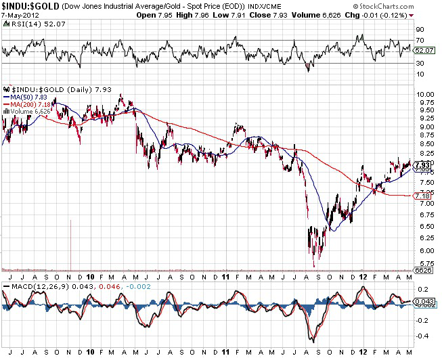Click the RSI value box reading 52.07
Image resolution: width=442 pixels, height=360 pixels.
[x=424, y=50]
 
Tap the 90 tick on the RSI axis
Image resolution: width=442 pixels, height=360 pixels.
[x=420, y=30]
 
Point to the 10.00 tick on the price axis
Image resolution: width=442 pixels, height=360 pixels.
[x=425, y=94]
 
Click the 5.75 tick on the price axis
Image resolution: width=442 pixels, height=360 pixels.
[x=425, y=263]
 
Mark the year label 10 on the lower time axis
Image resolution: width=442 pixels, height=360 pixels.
[x=91, y=277]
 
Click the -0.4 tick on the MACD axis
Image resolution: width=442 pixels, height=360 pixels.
[x=422, y=336]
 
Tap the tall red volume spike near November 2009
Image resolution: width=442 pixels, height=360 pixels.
[x=70, y=244]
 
